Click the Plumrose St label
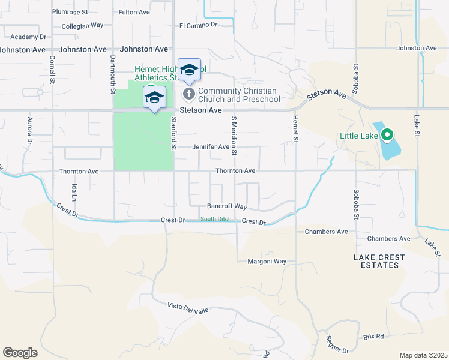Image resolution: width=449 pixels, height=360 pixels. [70, 11]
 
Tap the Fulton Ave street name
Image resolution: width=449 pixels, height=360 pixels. [134, 11]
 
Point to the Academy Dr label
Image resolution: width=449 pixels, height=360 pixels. [28, 37]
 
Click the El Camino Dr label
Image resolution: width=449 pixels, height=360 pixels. [198, 25]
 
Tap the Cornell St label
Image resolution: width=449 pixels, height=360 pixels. [52, 69]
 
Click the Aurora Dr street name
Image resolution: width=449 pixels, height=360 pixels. [28, 131]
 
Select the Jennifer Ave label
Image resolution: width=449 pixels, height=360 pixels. [211, 146]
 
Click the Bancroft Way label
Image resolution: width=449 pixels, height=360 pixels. [227, 206]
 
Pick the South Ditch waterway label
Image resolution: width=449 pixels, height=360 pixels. [215, 219]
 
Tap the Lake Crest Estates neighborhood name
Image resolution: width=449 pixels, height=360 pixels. [379, 261]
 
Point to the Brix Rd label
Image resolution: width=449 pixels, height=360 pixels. [373, 337]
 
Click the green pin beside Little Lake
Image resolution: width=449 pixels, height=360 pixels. [387, 135]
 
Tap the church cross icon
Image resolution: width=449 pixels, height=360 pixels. [188, 94]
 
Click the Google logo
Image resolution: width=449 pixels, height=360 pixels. [20, 353]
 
